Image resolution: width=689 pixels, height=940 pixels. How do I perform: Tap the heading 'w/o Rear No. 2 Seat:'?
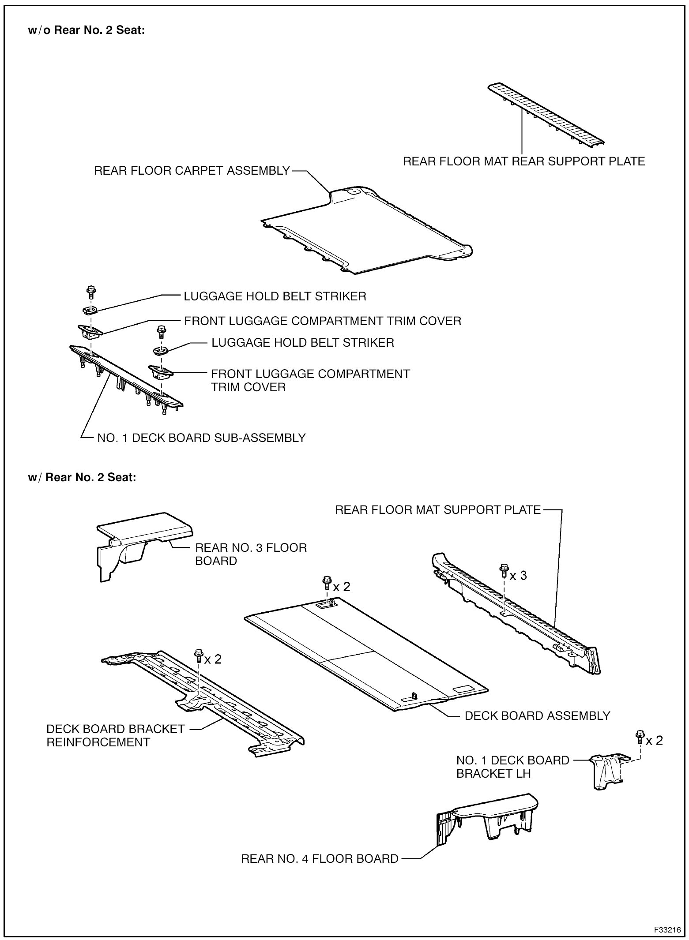tap(86, 31)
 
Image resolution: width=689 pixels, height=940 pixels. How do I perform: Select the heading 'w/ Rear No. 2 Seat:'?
tap(82, 477)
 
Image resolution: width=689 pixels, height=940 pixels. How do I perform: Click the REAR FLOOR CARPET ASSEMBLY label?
tap(192, 171)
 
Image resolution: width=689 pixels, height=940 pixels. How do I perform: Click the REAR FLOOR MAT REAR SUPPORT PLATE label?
tap(524, 161)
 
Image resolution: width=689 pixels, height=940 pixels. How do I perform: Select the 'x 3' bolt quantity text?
tap(518, 576)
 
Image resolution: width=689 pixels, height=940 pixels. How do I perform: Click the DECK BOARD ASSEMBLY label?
tap(537, 715)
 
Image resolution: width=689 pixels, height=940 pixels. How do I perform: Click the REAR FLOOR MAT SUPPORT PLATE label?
tap(438, 510)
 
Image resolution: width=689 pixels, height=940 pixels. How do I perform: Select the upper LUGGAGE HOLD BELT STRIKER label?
tap(275, 296)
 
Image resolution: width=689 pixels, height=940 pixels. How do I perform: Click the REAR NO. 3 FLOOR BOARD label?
tap(251, 554)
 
